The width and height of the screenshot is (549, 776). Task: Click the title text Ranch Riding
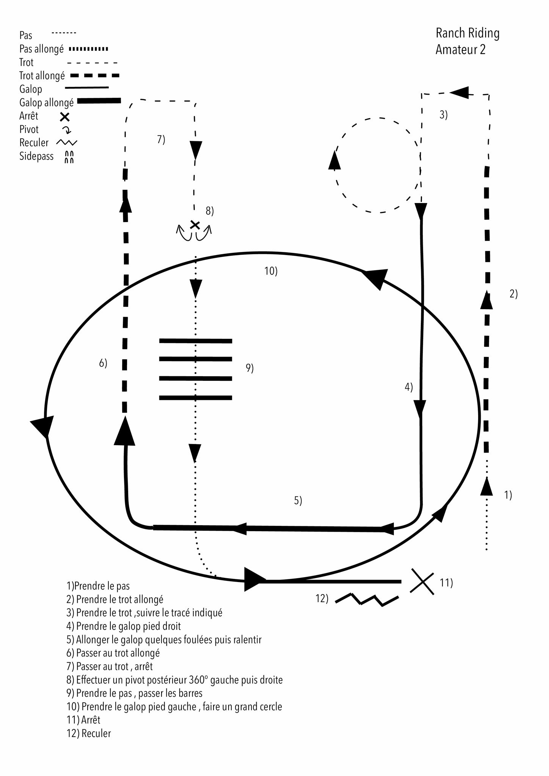(x=467, y=33)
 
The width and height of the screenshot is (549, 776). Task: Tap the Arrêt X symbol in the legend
(x=65, y=116)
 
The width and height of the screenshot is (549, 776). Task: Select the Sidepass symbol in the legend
(x=69, y=157)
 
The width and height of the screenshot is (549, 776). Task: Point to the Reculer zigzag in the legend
(x=66, y=143)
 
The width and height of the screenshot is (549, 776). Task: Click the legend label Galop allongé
(x=46, y=103)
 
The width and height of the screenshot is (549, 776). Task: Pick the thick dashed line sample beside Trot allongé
(x=95, y=76)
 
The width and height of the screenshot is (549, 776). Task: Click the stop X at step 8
(x=195, y=225)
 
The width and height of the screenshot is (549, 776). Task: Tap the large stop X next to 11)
(x=422, y=581)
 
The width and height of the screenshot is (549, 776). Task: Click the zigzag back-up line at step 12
(x=367, y=599)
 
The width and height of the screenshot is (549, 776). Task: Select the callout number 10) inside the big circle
(x=271, y=271)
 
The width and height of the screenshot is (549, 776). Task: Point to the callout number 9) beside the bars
(x=249, y=368)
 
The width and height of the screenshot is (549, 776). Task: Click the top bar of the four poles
(x=195, y=341)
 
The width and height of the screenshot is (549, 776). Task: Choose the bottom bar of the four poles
(x=195, y=397)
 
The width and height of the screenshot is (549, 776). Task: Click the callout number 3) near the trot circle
(x=443, y=115)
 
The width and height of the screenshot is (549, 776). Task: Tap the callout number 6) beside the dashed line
(x=103, y=363)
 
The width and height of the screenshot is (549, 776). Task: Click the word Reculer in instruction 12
(x=96, y=733)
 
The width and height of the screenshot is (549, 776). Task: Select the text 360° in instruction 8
(x=198, y=680)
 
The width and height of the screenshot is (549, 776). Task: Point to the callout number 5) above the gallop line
(x=298, y=501)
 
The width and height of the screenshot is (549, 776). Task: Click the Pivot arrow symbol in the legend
(x=67, y=130)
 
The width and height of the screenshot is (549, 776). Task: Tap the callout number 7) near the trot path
(x=161, y=139)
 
